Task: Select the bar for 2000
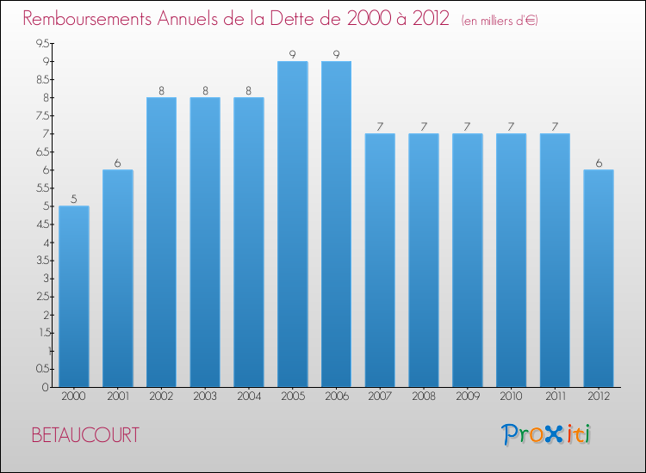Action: pos(74,297)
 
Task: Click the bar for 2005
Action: pos(293,224)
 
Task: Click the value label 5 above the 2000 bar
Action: pos(74,199)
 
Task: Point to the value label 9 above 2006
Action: pos(336,54)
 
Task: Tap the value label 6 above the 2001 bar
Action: pos(117,163)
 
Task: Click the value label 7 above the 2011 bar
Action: pos(555,126)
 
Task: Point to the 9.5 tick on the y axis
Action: pos(41,44)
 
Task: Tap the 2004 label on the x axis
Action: pos(249,396)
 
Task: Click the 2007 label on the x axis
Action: pos(380,396)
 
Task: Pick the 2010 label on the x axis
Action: pos(511,396)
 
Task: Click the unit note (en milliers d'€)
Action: pos(500,21)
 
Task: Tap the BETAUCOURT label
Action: pos(84,435)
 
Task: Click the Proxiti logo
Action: pos(546,434)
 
